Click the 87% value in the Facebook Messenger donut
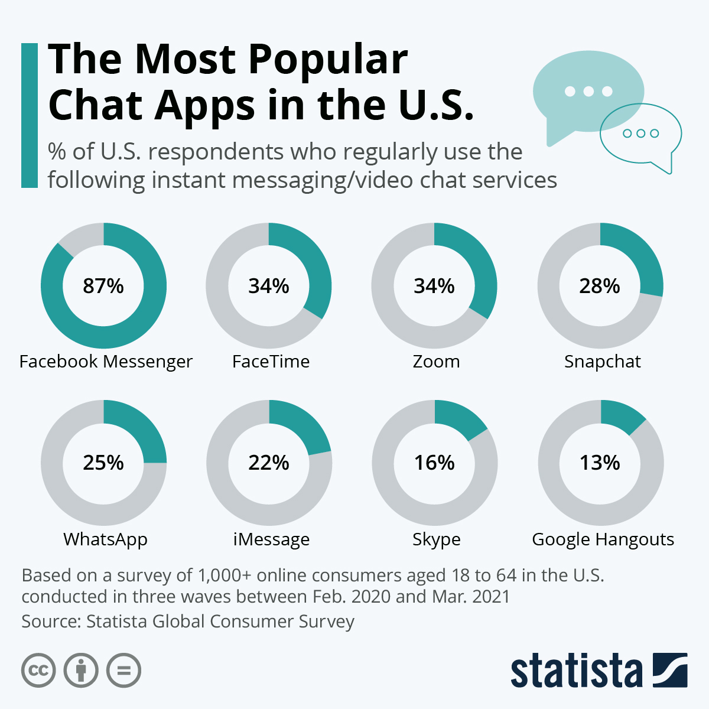coord(103,286)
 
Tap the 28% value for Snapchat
coord(600,286)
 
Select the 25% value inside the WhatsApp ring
coord(103,463)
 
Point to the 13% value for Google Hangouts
coord(600,463)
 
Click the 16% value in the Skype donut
coord(434,463)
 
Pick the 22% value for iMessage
coord(269,463)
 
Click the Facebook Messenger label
coord(106,362)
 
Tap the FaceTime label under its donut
coord(271,362)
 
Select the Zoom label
coord(436,362)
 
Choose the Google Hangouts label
coord(603,539)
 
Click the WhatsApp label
coord(105,539)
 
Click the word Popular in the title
coord(327,60)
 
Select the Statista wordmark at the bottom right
coord(576,671)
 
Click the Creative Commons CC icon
coord(38,671)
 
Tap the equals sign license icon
coord(123,671)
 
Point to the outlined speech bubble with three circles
coord(640,134)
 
